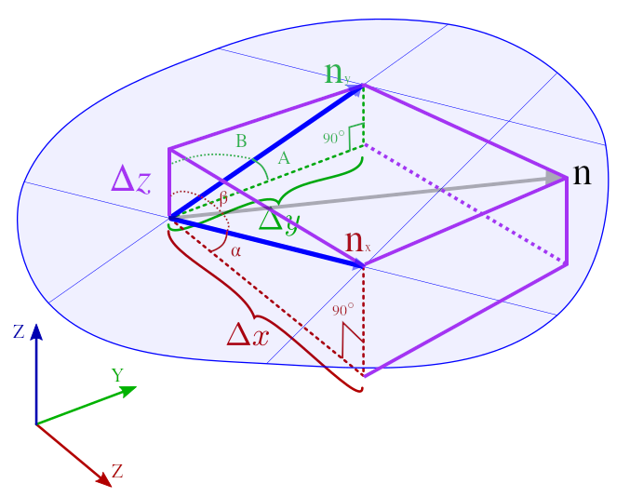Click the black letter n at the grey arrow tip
pos(582,174)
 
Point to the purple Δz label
pos(130,179)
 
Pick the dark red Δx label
pos(248,333)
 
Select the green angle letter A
pos(284,159)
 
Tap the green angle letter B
pos(241,141)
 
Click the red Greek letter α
pos(235,251)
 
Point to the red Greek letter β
pos(223,197)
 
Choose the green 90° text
pos(334,138)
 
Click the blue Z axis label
pos(19,330)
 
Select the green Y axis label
pos(117,375)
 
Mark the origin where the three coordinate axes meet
pos(36,424)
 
